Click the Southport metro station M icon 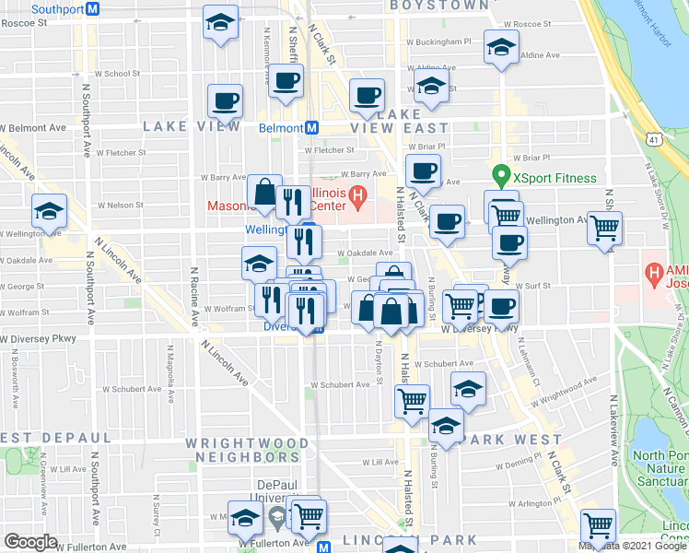click(x=91, y=8)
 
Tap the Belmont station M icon click(x=311, y=128)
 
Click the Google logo click(x=29, y=542)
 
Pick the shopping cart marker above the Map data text click(x=599, y=525)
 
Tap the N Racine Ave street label click(x=195, y=297)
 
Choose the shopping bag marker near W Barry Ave click(x=264, y=191)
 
